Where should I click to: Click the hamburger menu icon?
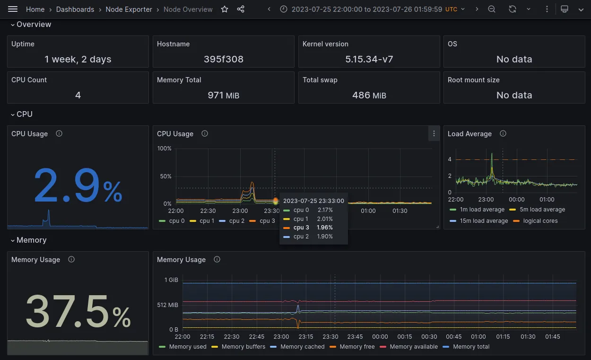pos(13,9)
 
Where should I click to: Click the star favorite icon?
pos(225,9)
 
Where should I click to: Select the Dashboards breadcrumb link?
pos(75,9)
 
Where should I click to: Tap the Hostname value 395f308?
pos(223,59)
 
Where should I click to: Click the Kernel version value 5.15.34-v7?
pos(369,59)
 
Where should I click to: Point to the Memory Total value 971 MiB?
pos(223,95)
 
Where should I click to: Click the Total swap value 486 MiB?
pos(369,95)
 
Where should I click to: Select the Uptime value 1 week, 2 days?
pos(78,59)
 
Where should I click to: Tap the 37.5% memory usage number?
pos(78,311)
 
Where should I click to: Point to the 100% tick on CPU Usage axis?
pos(164,149)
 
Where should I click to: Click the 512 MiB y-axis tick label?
pos(168,305)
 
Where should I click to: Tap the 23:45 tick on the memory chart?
pos(355,337)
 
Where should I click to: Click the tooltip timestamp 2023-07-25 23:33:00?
pos(313,201)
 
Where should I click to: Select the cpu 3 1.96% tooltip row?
pos(308,228)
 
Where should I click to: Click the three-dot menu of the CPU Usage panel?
pos(434,134)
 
